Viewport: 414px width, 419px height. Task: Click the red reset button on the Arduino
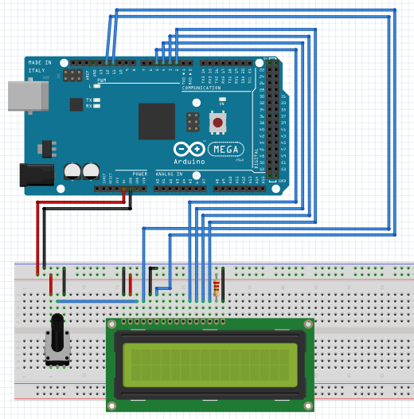216,123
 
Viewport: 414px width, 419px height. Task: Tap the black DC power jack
36,175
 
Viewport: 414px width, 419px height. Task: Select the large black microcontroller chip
156,121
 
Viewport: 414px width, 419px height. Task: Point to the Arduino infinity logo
189,149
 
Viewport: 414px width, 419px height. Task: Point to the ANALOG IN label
168,174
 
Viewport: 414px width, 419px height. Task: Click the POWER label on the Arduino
139,174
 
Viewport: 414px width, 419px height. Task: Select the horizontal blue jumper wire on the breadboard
96,302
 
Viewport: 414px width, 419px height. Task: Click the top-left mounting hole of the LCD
114,325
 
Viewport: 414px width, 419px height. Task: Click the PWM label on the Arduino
102,81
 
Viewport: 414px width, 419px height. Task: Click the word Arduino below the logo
189,161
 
